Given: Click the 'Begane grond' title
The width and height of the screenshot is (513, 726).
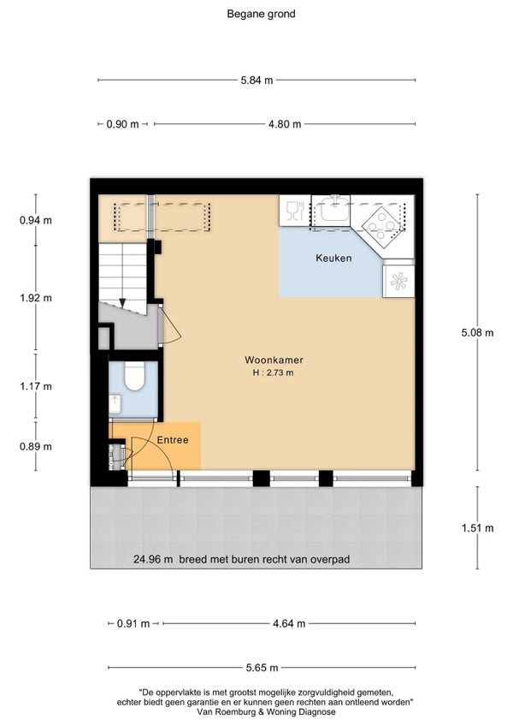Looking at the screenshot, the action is point(261,14).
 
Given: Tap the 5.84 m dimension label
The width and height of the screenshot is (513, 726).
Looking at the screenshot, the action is point(256,80).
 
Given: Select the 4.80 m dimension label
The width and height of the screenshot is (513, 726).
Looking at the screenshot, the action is point(285,124).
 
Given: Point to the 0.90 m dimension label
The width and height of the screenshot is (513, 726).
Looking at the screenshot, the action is point(122,124).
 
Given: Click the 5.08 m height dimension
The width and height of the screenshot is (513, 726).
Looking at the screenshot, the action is point(477,332).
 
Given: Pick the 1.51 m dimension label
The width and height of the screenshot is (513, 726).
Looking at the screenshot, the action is point(477,528).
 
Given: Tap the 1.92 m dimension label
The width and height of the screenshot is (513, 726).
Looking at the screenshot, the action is point(36,298).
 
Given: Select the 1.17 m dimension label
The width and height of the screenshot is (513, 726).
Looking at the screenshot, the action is point(36,386).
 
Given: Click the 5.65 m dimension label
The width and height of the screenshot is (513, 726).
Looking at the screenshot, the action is point(262,668).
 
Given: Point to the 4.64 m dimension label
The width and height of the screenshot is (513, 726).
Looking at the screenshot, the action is point(289,623).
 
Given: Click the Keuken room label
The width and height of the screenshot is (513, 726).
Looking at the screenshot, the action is point(333,258).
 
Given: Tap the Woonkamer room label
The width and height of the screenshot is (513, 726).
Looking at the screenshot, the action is point(274,360).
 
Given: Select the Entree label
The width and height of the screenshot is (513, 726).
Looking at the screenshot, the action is point(173,440).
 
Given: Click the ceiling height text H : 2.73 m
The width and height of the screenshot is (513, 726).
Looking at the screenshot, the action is point(273,372).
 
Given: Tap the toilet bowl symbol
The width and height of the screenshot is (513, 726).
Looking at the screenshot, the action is point(134,376).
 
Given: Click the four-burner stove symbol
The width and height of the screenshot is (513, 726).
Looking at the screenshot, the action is point(381,224).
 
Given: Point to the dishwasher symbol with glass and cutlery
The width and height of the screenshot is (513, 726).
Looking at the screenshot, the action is point(295,211).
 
